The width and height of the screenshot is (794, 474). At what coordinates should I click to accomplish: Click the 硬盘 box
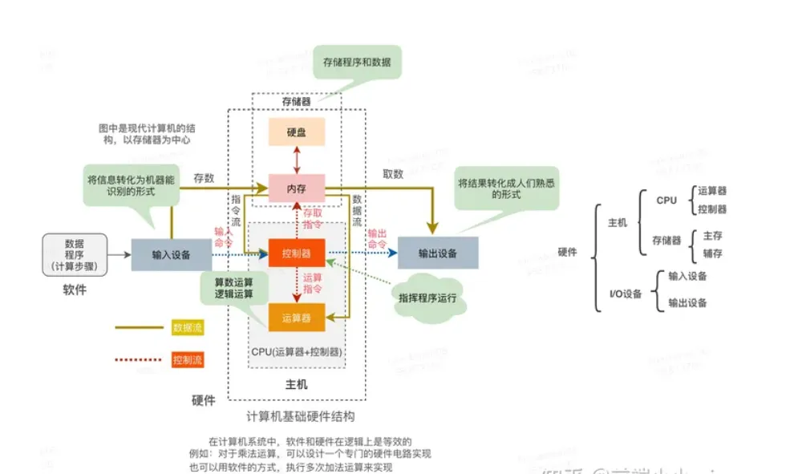(x=296, y=132)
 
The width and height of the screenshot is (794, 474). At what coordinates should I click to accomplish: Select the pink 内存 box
(x=296, y=188)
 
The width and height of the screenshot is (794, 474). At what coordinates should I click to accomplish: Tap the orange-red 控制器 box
(x=296, y=253)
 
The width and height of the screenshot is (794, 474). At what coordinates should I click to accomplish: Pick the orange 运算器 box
(x=296, y=318)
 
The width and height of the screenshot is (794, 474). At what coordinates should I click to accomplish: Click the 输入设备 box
(x=172, y=254)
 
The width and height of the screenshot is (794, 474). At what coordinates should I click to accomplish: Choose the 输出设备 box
(x=438, y=253)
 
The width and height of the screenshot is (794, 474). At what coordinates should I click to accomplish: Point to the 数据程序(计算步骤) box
(x=75, y=255)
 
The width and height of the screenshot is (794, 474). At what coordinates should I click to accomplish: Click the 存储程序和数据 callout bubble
(x=357, y=63)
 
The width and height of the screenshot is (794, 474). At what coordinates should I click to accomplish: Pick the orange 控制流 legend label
(x=187, y=359)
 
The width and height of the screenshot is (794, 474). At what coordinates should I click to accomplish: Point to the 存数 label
(x=204, y=177)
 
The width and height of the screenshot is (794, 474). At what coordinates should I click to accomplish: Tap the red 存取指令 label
(x=311, y=219)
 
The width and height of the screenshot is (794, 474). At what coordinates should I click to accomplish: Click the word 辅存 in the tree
(x=712, y=253)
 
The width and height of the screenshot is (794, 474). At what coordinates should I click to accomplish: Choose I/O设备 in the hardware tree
(x=626, y=294)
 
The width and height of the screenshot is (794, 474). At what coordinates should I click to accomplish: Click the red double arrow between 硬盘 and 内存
(x=296, y=160)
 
